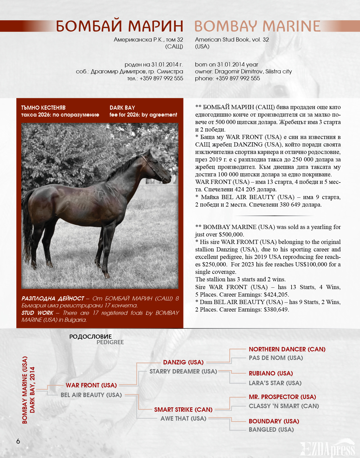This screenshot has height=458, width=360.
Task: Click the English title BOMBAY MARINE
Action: click(257, 26)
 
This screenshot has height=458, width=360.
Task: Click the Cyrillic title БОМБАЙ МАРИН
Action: click(119, 26)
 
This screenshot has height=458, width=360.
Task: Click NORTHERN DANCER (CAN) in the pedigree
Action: click(287, 349)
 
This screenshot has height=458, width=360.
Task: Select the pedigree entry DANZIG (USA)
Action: click(183, 362)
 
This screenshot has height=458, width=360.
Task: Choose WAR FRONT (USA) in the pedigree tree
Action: click(91, 385)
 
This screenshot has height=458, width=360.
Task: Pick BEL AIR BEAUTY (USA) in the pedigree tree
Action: click(91, 395)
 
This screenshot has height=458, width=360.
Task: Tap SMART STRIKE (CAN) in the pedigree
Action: click(183, 410)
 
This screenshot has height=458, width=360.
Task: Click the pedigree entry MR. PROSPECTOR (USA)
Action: click(282, 397)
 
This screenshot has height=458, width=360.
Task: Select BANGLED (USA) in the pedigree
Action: click(271, 429)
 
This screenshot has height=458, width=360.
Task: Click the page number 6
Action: click(18, 441)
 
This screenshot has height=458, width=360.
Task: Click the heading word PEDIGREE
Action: click(110, 342)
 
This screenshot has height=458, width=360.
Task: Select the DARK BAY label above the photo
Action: click(122, 108)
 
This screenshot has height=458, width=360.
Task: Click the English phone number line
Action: click(227, 78)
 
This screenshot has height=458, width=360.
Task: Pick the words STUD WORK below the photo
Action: click(37, 313)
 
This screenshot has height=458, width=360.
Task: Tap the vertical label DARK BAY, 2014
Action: click(32, 390)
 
